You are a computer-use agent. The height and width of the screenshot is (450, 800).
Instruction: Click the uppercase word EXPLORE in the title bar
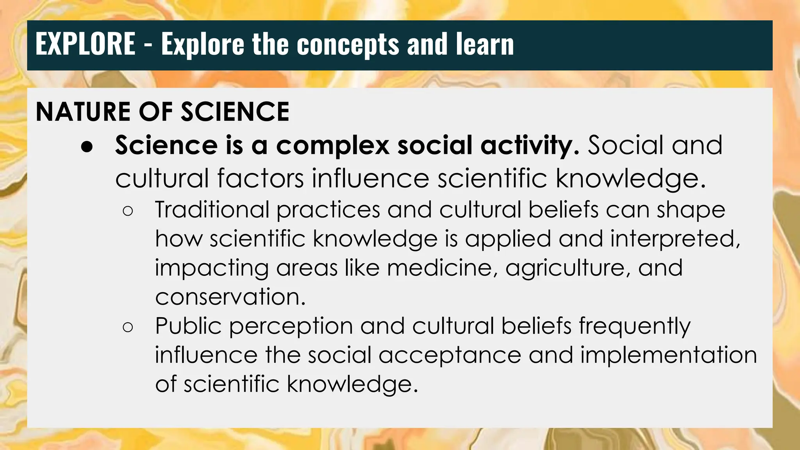coord(85,44)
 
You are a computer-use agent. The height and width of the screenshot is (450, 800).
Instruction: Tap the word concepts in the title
coord(348,45)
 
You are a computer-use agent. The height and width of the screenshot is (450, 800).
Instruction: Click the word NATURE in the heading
coord(83,112)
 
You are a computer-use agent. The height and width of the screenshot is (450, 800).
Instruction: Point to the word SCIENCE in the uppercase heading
coord(235,112)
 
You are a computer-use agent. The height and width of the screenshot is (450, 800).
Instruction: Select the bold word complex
coord(332,145)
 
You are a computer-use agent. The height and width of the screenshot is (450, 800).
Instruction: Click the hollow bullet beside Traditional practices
coord(128,211)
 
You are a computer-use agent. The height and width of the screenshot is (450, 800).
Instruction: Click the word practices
coord(328,210)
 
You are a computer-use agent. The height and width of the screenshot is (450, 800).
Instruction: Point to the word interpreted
coord(675,239)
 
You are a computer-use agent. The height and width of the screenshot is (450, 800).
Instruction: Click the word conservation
coord(230,297)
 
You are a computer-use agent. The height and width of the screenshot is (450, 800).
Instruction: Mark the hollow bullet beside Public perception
coord(128,327)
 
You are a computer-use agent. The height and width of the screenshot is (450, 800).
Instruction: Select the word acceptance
coord(450,355)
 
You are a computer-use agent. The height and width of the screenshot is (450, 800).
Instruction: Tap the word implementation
coord(668,355)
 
